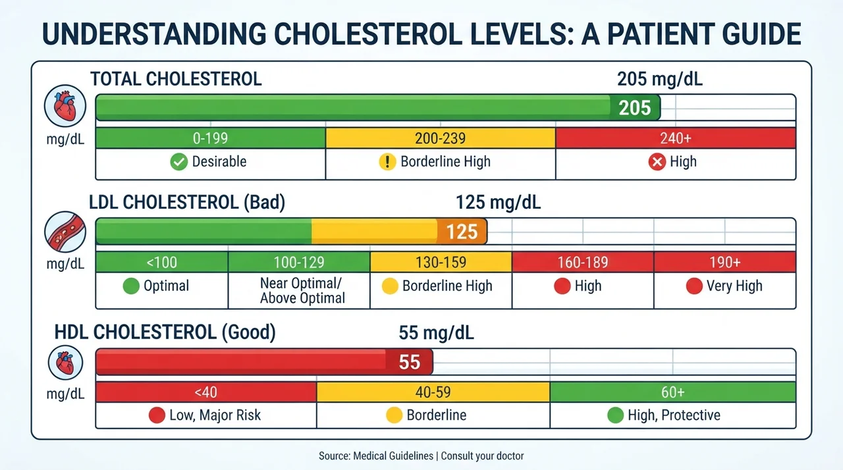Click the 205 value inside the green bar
coord(634,108)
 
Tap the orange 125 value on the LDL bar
coord(462,232)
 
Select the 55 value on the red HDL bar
coord(410,362)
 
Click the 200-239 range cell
coord(441,138)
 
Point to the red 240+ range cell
coord(676,138)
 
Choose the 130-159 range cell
coord(441,262)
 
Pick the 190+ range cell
coord(725,262)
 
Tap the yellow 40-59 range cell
coord(433,392)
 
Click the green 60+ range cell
coord(673,392)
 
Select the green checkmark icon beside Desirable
coord(178,162)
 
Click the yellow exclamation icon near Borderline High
coord(387,162)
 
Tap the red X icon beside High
coord(657,162)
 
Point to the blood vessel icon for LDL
coord(65,232)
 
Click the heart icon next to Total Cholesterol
coord(65,106)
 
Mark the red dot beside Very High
coord(694,286)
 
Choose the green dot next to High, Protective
coord(615,415)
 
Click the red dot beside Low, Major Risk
coord(157,415)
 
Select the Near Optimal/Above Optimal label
coord(302,291)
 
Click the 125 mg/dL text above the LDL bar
coord(499,202)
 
